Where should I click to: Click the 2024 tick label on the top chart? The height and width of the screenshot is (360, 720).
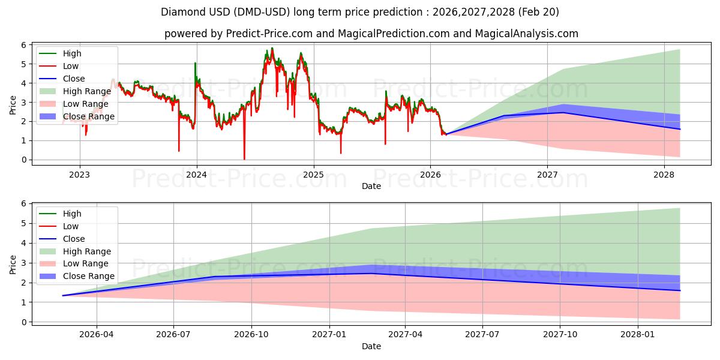pos(196,175)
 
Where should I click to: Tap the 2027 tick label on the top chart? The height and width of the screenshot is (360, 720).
pos(547,175)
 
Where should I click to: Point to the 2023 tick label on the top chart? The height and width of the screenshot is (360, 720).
pos(79,175)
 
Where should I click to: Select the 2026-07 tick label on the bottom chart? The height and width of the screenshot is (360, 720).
pos(173,334)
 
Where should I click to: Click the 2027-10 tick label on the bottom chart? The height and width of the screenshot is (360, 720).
pos(560,334)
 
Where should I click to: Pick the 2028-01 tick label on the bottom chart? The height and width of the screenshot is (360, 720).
pos(638,334)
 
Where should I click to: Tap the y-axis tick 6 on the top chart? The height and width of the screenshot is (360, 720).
pos(23,45)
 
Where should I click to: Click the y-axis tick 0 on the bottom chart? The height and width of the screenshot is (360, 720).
pos(23,322)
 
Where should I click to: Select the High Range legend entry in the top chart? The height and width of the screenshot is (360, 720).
pos(75,91)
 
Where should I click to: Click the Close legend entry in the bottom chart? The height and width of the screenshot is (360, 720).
pos(62,239)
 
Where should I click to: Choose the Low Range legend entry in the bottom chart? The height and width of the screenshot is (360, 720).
pos(74,263)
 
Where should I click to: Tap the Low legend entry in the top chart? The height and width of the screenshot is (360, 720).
pos(59,66)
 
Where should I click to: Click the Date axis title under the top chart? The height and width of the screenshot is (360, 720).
pos(371,186)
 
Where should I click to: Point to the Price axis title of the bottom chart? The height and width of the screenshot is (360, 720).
pos(13,265)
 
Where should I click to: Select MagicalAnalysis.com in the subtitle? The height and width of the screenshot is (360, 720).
pos(527,34)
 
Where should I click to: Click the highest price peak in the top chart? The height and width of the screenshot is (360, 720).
pos(272,48)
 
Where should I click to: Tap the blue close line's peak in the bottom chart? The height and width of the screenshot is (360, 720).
pos(372,274)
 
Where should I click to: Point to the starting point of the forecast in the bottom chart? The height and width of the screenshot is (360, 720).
pos(63,295)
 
